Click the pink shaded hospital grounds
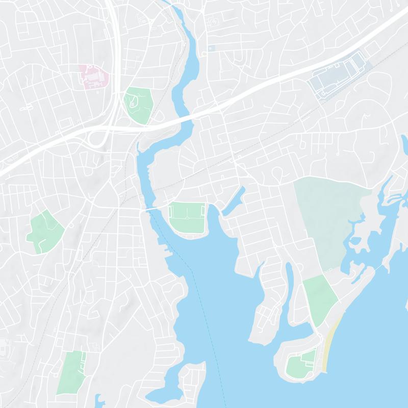click(94, 77)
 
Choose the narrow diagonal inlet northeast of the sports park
click(234, 200)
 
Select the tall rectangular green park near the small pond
click(72, 371)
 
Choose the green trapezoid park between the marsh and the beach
click(320, 298)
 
